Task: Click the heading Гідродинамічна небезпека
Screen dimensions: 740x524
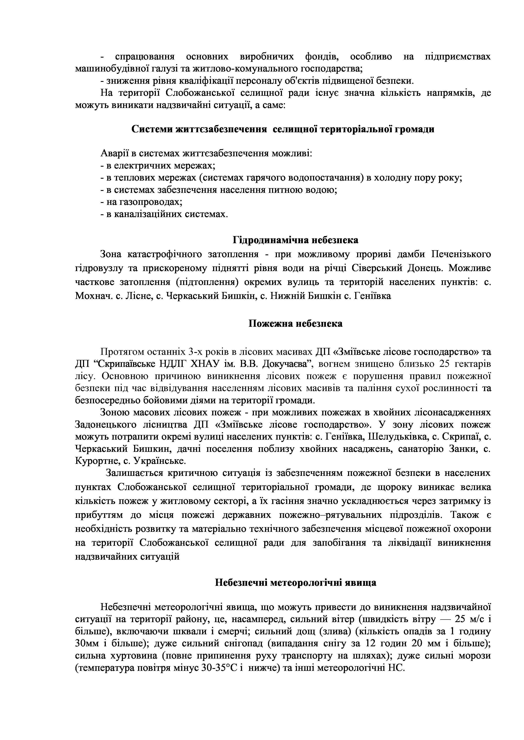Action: point(295,240)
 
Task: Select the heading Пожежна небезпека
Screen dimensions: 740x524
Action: point(295,324)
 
